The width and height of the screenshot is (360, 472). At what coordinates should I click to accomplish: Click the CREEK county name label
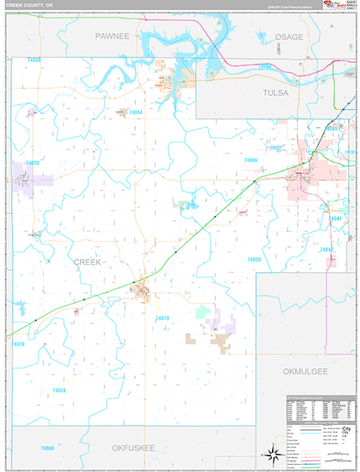[86, 262]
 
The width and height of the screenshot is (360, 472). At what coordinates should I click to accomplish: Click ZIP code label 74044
[135, 112]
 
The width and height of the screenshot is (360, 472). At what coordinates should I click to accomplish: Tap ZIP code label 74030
[32, 163]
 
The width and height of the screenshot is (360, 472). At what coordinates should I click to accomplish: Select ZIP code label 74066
[251, 160]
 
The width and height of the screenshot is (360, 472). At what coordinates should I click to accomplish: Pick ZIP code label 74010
[163, 318]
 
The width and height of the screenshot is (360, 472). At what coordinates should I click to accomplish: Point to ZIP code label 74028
[59, 391]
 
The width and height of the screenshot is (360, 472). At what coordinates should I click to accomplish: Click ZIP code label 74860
[47, 448]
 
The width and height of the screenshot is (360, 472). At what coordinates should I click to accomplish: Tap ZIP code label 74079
[19, 344]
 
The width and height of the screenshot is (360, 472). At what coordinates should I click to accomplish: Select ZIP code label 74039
[254, 260]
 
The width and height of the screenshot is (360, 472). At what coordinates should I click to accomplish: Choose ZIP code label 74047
[327, 249]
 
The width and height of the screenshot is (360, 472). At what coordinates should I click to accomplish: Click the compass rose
[274, 454]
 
